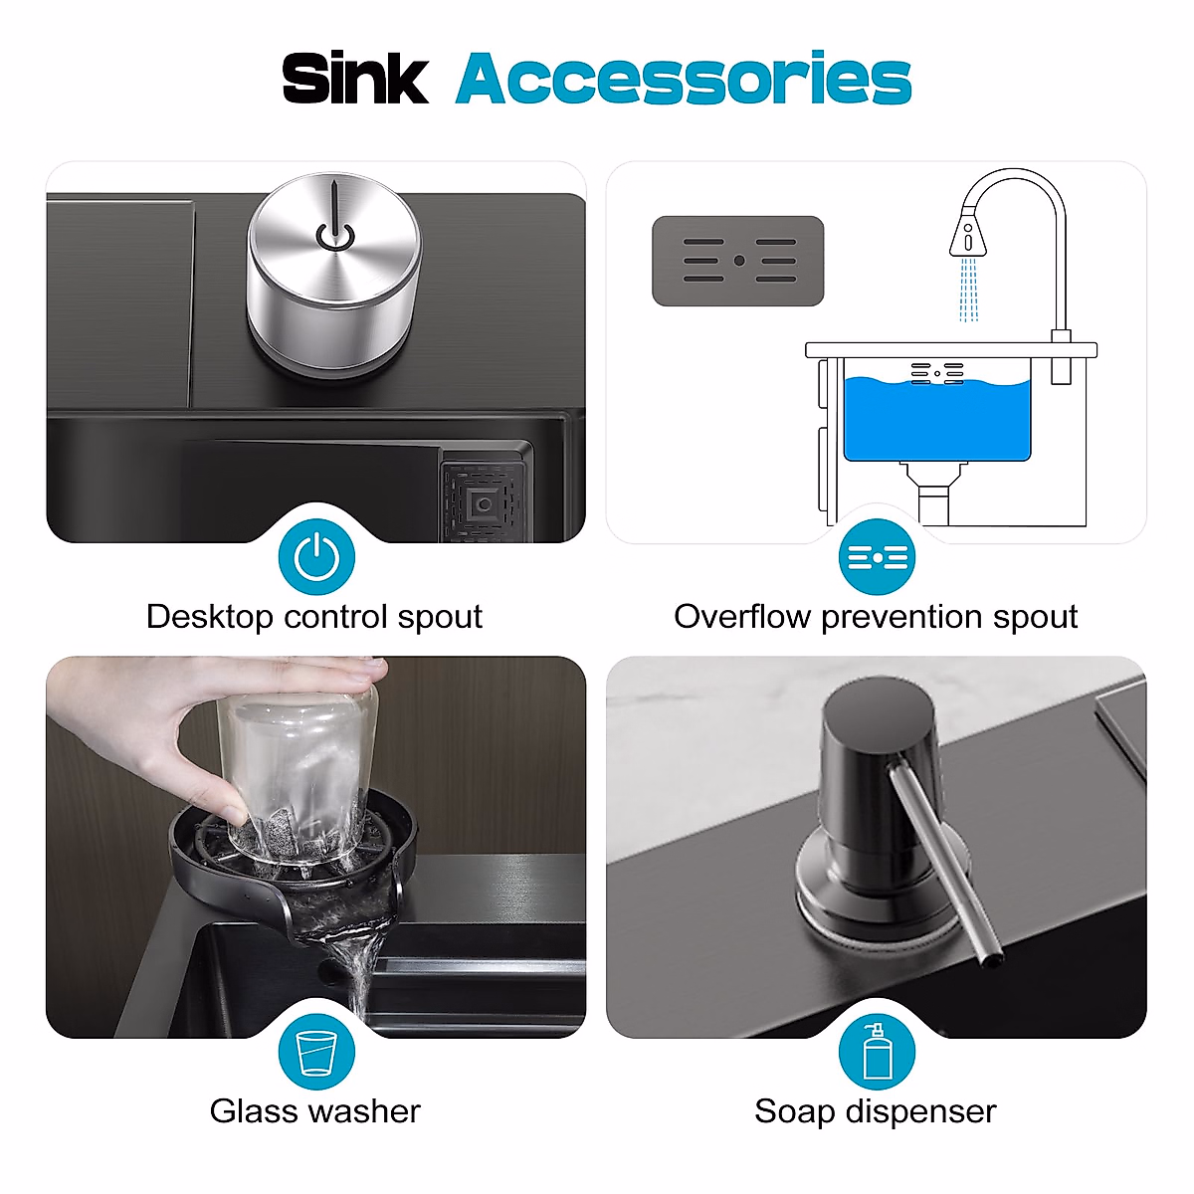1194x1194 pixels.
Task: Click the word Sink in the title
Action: click(x=355, y=79)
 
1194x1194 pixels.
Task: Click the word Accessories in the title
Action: click(x=684, y=79)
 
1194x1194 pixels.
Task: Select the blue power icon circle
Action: click(x=316, y=556)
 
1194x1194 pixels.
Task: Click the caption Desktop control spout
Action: click(x=314, y=617)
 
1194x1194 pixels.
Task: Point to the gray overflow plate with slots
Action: click(x=737, y=261)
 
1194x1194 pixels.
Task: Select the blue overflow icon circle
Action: click(x=877, y=556)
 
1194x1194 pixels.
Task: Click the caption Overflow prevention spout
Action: click(x=876, y=617)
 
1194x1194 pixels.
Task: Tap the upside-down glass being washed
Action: click(x=298, y=766)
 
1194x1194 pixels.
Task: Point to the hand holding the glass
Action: click(x=199, y=736)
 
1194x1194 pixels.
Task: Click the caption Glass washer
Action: click(x=314, y=1111)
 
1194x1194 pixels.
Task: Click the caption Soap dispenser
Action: click(x=876, y=1111)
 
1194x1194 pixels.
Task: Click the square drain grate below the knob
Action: click(x=485, y=501)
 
